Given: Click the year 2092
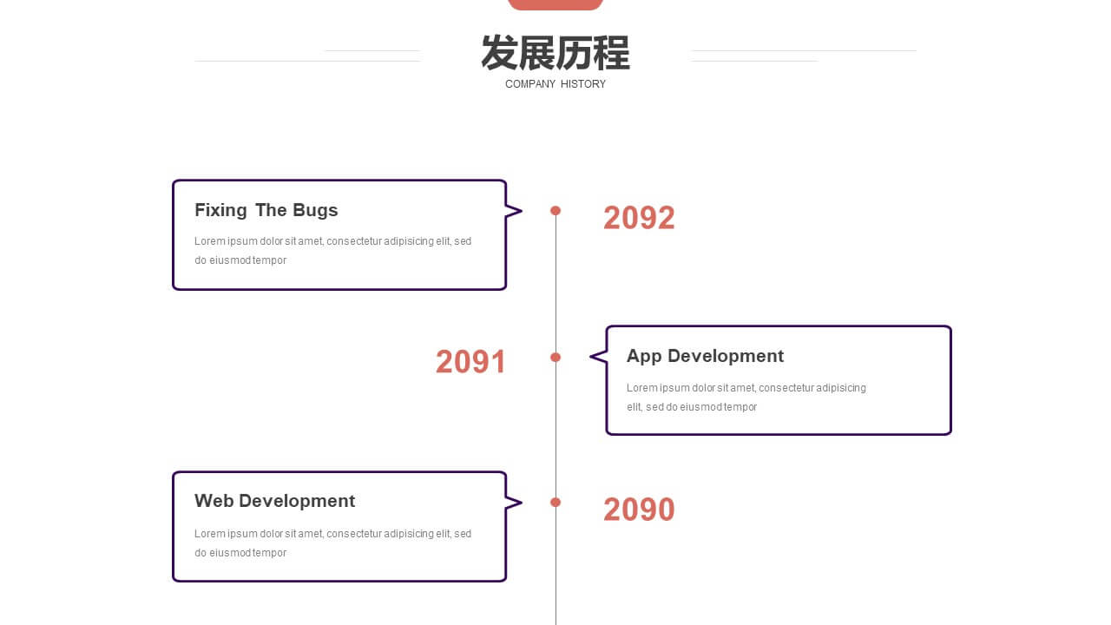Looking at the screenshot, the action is (639, 218).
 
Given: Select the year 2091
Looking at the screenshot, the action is (470, 362).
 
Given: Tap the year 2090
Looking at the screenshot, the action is (639, 510).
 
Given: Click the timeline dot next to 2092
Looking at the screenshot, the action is (555, 211).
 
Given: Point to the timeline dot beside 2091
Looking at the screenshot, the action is (555, 357).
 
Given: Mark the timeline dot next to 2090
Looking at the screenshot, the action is (555, 503).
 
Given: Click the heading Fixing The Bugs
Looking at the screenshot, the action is (266, 210).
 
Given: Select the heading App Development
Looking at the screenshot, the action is (705, 356).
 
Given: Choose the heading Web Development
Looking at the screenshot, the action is (275, 501).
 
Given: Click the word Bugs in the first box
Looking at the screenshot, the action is (315, 211).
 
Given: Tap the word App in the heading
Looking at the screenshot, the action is (644, 357).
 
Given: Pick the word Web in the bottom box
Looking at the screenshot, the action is (214, 501).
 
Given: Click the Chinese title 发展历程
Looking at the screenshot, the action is (555, 53).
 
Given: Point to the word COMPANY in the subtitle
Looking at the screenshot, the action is (529, 84).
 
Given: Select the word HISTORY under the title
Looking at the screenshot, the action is (583, 84).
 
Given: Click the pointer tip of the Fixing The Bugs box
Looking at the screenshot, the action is (522, 211).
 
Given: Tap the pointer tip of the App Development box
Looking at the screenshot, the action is (590, 357).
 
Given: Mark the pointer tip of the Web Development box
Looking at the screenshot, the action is (522, 503).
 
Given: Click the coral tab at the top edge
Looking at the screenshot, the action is (555, 4).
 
